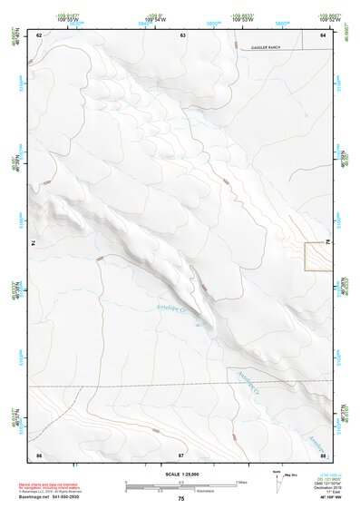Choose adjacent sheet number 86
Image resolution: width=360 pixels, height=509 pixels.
[39, 453]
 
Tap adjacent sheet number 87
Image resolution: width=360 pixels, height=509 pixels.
[181, 453]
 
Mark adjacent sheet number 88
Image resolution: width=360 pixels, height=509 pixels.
[323, 453]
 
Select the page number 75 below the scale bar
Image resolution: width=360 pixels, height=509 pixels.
[181, 499]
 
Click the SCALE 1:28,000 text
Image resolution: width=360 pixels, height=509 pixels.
[181, 474]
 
